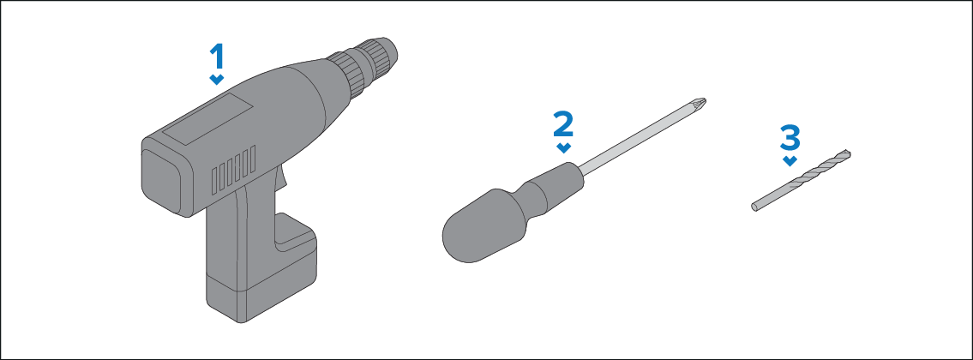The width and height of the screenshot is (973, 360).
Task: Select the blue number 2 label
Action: pos(563,124)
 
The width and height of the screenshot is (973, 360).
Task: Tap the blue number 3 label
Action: pos(790,138)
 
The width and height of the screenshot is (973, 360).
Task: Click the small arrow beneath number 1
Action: pos(217,79)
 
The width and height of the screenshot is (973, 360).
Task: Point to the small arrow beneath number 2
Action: pos(563,147)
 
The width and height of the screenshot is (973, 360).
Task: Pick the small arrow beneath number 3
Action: pos(790,161)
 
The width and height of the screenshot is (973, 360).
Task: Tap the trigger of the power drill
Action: pos(283,177)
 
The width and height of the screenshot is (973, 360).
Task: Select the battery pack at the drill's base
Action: pos(261,273)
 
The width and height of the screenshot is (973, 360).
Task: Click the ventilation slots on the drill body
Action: pos(233,170)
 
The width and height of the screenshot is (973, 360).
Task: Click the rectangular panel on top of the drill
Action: pos(207,118)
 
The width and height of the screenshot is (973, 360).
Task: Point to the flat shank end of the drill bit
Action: pos(754,207)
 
